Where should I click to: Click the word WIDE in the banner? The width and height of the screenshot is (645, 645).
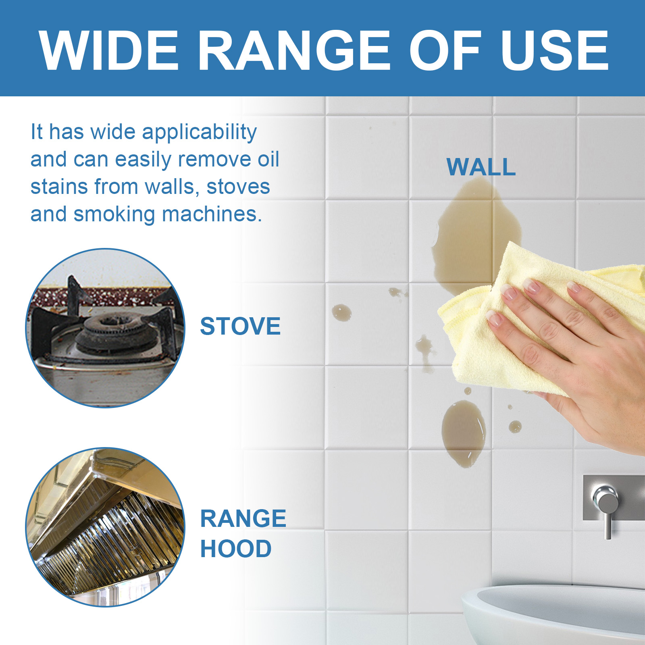click(x=109, y=51)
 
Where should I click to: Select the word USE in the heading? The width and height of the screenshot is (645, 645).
click(x=554, y=51)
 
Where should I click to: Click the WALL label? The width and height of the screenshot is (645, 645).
click(x=481, y=167)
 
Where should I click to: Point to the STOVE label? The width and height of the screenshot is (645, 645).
click(x=240, y=326)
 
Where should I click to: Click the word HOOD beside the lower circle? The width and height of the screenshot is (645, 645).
click(x=236, y=549)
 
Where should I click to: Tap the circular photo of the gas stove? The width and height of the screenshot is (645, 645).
click(x=105, y=328)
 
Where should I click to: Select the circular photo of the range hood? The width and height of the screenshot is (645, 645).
click(x=105, y=527)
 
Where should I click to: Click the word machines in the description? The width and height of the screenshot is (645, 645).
click(x=212, y=214)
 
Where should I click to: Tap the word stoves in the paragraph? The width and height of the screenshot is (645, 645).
click(x=238, y=187)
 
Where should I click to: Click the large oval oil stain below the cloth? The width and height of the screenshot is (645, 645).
click(x=464, y=433)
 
